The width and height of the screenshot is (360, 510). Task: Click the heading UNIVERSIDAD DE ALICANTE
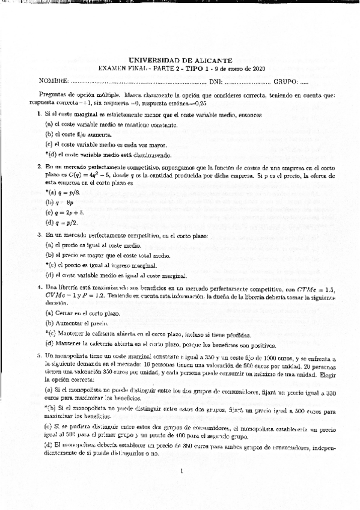(x=180, y=60)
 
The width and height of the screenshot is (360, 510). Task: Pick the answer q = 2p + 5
(x=70, y=212)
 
